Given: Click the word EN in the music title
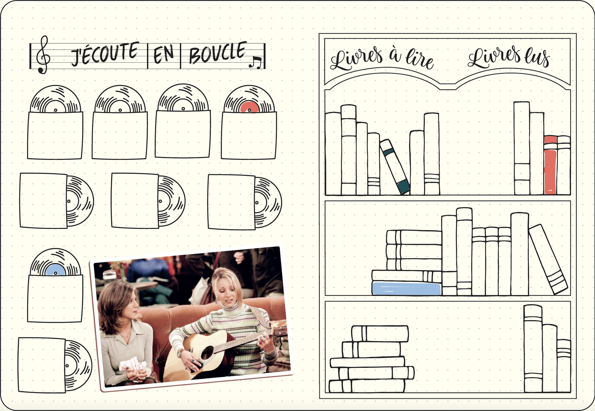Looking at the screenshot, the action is [x=164, y=54].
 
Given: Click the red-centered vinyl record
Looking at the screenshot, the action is [x=249, y=99].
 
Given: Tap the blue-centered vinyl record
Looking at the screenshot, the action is [x=55, y=262].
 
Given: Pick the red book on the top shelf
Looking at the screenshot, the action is [x=550, y=165].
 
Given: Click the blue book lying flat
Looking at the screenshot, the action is [x=407, y=288].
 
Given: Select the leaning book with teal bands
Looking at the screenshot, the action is [x=395, y=166].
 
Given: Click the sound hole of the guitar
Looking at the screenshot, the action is [x=208, y=352].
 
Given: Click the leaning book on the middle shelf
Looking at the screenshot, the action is [x=548, y=259].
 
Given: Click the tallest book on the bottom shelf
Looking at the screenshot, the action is [x=533, y=348].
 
